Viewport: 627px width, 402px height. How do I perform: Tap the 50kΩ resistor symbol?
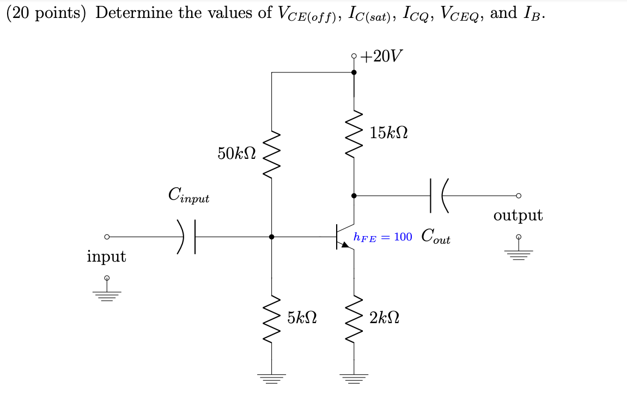point(272,154)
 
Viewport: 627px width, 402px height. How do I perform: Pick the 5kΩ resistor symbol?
point(272,320)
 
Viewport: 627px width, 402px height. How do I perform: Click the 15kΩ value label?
point(389,133)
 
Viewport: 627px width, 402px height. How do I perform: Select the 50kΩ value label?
point(236,154)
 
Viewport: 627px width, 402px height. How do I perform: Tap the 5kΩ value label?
point(303,317)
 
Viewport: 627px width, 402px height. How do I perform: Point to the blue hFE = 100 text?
point(383,237)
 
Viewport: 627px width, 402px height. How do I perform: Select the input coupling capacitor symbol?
point(188,237)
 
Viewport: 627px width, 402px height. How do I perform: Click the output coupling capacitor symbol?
point(439,195)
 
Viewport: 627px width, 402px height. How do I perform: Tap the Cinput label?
point(188,195)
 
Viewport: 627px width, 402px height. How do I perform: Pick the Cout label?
point(436,237)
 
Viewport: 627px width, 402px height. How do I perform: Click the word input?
point(106,256)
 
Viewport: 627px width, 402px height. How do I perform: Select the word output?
point(518,215)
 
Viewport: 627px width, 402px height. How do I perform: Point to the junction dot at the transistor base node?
point(272,237)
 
